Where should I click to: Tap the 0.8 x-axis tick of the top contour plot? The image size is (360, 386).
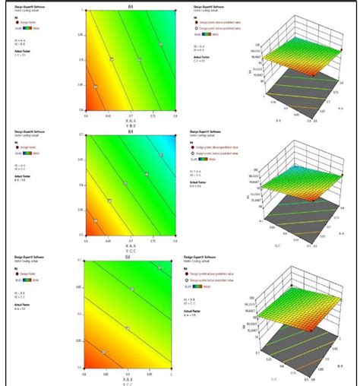[175, 115]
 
